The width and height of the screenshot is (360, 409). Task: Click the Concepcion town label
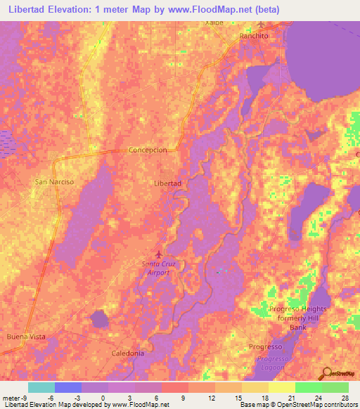(x=148, y=150)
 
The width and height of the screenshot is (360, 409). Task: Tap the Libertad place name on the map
(x=167, y=183)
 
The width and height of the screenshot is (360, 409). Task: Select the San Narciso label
(x=54, y=181)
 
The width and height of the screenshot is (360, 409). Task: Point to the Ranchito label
(x=254, y=35)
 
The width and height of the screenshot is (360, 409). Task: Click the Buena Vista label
(x=26, y=337)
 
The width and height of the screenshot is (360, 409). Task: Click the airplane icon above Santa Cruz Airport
(x=157, y=253)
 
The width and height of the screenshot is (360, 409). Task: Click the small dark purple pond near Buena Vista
(x=100, y=319)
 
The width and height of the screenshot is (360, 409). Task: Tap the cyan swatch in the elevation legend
(x=41, y=387)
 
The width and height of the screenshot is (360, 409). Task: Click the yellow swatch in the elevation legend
(x=281, y=387)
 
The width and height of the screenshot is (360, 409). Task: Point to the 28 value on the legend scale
(x=344, y=397)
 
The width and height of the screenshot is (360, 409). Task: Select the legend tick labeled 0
(x=103, y=397)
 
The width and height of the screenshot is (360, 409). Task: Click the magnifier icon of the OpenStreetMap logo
(x=326, y=374)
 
